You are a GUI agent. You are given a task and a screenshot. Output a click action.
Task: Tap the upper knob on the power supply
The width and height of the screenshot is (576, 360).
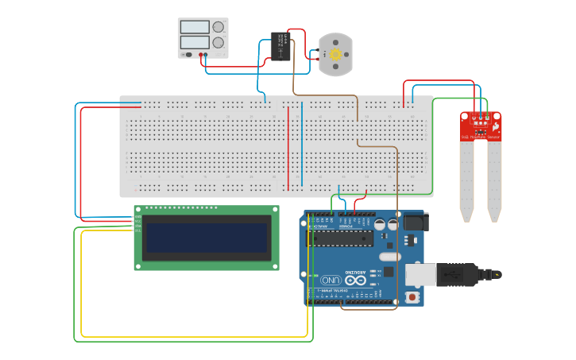pyautogui.click(x=218, y=27)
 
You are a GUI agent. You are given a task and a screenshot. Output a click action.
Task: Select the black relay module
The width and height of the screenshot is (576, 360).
pyautogui.click(x=279, y=45)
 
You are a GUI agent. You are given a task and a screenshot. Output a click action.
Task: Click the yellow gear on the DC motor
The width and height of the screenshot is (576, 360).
pyautogui.click(x=335, y=54)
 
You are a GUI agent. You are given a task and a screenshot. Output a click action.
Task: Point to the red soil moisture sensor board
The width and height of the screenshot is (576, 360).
pyautogui.click(x=481, y=126)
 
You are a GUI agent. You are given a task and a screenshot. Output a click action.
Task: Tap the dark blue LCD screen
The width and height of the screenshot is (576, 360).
pyautogui.click(x=207, y=238)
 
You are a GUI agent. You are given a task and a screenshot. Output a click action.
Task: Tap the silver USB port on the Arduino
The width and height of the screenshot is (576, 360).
pyautogui.click(x=421, y=274)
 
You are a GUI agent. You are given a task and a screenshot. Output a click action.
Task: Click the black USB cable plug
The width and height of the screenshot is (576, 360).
pyautogui.click(x=457, y=274)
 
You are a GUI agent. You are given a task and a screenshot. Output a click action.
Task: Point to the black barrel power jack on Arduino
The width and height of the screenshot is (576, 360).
pyautogui.click(x=413, y=222)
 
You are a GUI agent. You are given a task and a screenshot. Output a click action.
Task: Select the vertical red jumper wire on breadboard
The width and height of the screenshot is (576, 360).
pyautogui.click(x=288, y=148)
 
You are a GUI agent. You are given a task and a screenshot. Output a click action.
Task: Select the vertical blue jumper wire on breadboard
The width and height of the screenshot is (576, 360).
pyautogui.click(x=302, y=144)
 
